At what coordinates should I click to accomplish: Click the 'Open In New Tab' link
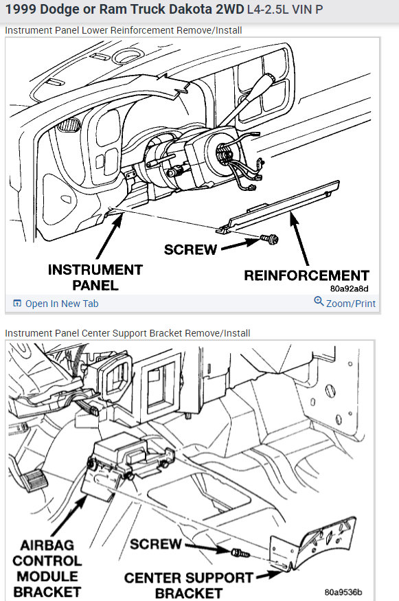56,304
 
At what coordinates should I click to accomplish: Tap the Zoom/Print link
345,303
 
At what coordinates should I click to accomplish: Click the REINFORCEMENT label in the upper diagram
306,275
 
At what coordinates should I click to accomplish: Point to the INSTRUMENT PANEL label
95,277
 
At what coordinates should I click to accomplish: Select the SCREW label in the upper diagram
190,249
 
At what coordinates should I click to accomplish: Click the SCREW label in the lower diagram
156,544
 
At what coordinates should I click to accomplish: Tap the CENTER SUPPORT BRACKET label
189,585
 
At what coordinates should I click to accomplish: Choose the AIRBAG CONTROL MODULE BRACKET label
47,569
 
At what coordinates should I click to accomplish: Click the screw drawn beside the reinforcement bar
269,239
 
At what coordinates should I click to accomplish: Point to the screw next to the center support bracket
240,553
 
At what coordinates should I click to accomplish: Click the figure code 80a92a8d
349,288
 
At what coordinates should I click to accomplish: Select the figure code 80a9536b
343,592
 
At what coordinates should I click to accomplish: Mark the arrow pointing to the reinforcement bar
299,238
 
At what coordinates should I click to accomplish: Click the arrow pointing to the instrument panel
110,236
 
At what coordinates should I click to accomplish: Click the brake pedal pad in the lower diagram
34,480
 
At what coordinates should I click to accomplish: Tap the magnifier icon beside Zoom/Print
319,301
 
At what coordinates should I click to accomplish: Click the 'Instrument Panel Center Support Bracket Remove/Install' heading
128,333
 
